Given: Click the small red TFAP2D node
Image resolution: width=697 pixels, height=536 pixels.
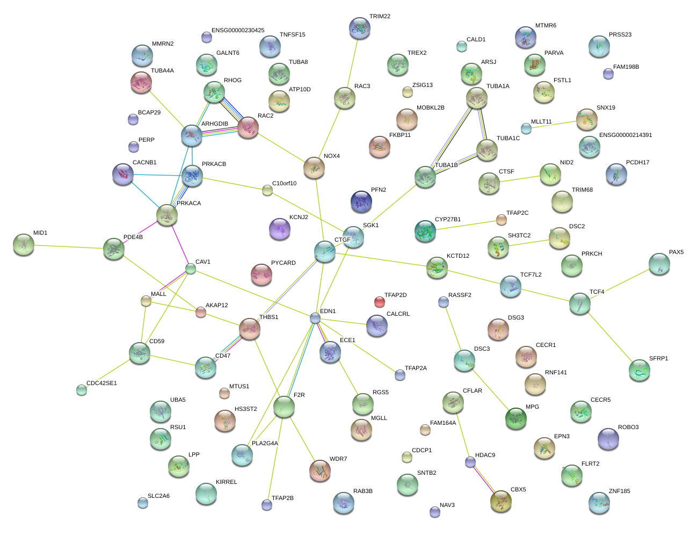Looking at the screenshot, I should [x=380, y=301].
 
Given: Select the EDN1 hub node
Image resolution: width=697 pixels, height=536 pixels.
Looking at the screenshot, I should [x=315, y=318].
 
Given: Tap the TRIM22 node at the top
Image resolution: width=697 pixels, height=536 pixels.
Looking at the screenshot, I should [x=359, y=28].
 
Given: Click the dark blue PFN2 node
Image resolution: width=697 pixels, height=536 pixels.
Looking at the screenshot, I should [x=361, y=201].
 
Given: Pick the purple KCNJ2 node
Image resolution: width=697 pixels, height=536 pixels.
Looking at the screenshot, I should [x=279, y=229].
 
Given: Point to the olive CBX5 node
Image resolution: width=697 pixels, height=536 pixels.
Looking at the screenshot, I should [x=500, y=501].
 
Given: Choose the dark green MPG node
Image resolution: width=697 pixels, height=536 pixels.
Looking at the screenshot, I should [x=516, y=418].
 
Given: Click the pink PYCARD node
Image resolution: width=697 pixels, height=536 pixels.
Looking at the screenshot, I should [x=262, y=274].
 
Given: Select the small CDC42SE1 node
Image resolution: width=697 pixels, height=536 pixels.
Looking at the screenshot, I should [x=82, y=390].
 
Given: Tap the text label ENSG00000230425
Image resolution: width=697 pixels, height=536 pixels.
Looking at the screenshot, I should [x=237, y=31].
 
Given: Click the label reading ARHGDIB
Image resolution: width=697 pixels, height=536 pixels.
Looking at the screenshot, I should [x=214, y=124].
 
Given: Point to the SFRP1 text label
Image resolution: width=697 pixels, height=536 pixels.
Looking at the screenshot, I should [x=658, y=359].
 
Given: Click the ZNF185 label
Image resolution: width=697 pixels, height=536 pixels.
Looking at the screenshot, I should [x=619, y=491].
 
